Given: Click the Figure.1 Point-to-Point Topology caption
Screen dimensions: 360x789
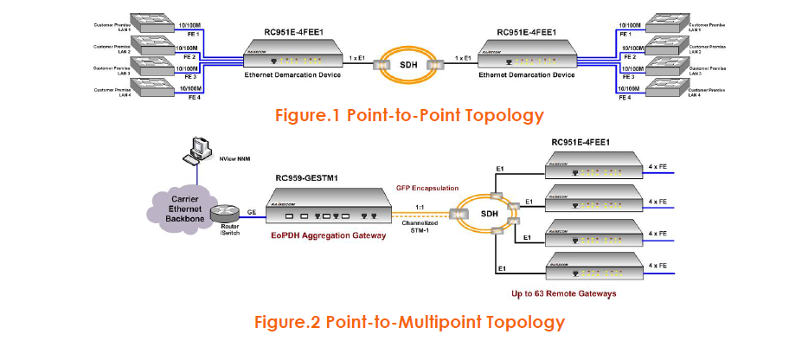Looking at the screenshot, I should click(409, 115).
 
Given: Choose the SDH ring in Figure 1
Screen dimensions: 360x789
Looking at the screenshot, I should click(407, 63).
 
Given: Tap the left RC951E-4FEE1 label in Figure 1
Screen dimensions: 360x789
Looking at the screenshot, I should click(293, 33).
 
